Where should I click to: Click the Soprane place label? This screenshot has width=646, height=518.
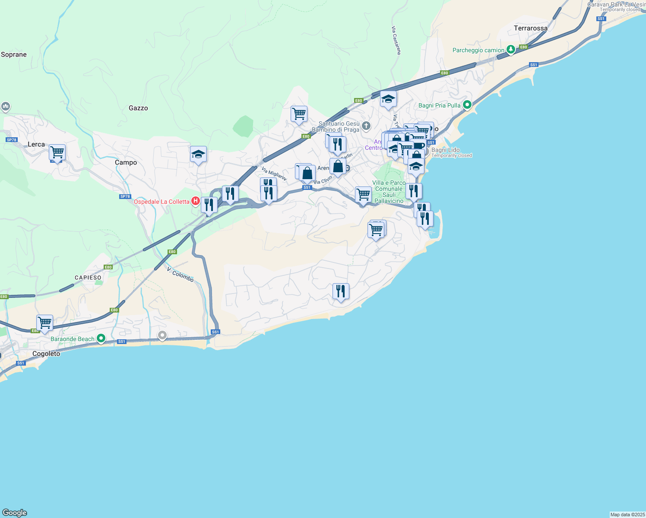pos(14,55)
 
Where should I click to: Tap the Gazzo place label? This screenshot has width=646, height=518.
pos(138,108)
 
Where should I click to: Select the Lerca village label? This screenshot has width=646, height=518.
pos(36,145)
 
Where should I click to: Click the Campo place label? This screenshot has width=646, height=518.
pos(126,163)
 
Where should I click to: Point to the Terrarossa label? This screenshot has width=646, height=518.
pos(530,28)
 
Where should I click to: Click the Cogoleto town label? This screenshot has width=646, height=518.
pos(46,354)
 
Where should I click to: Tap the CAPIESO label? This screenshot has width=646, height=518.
pos(88,278)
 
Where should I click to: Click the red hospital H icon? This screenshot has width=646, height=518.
pos(195,201)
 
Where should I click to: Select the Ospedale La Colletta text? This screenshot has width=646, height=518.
pos(161,202)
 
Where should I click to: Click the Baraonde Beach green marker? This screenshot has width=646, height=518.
pos(101,338)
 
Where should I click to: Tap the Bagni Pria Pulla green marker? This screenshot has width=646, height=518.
pos(467,105)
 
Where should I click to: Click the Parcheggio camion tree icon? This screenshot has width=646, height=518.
pos(511,50)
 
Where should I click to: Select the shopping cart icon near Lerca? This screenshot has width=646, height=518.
pos(57,152)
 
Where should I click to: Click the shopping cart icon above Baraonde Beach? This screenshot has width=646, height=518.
pos(45,323)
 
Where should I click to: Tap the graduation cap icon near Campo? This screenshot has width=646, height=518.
pos(198,154)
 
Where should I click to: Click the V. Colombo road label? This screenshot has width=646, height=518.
pos(180,275)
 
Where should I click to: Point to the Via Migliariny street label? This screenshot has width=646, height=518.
pos(274,174)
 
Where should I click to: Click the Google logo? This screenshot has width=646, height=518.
pos(15,513)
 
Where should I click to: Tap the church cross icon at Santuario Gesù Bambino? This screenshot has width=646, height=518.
pos(366,126)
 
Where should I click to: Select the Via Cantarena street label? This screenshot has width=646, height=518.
pos(396,41)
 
